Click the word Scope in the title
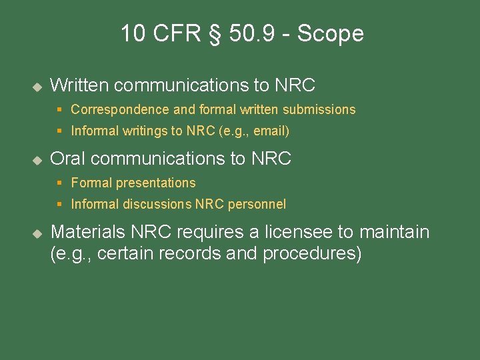(331, 33)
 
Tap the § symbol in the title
(214, 34)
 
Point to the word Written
(79, 85)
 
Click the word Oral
(68, 159)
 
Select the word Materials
(87, 232)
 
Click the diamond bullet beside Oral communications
(37, 160)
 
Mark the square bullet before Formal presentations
(59, 183)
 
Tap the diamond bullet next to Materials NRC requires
(37, 233)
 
